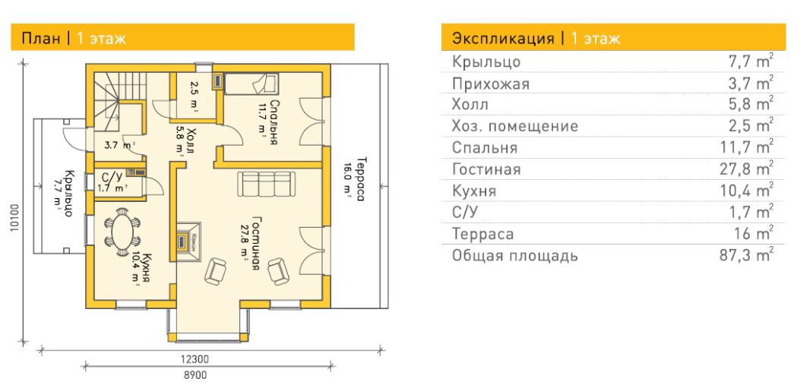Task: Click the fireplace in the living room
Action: pyautogui.click(x=188, y=242)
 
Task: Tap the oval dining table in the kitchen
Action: pyautogui.click(x=122, y=232)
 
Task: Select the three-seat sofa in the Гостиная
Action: pyautogui.click(x=267, y=184)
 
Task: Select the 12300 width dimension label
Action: pyautogui.click(x=195, y=358)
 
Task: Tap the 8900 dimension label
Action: pyautogui.click(x=195, y=374)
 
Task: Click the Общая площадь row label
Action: pyautogui.click(x=514, y=256)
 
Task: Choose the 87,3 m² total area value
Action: pyautogui.click(x=746, y=255)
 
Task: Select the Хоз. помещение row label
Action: pyautogui.click(x=514, y=126)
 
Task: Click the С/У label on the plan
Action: pyautogui.click(x=112, y=176)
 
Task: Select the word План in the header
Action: pyautogui.click(x=41, y=39)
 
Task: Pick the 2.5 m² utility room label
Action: pyautogui.click(x=194, y=96)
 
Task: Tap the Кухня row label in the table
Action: pyautogui.click(x=474, y=191)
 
